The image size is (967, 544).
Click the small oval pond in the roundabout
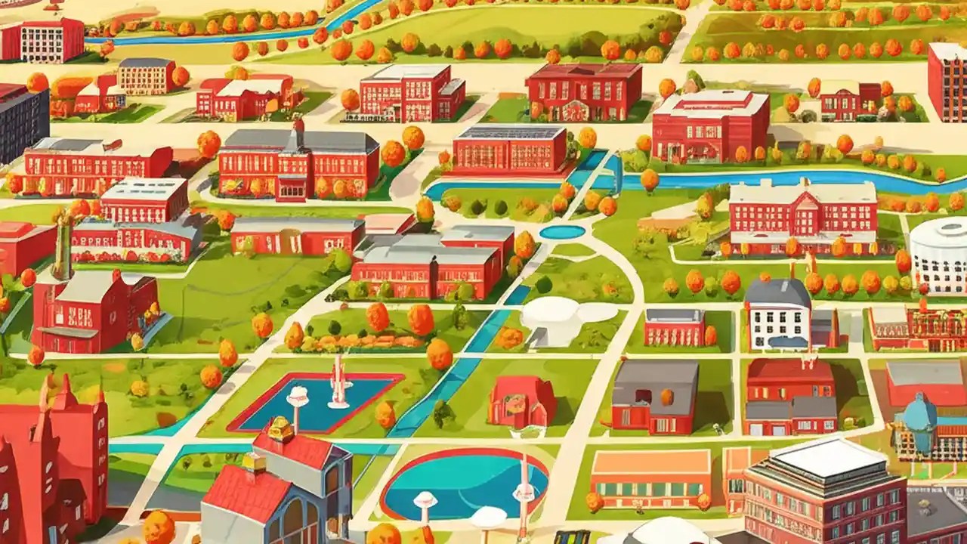562,232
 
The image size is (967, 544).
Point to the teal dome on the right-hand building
921,412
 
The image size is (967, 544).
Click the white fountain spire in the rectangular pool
339,382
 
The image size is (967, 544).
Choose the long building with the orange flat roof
650,476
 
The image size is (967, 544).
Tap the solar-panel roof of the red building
511,133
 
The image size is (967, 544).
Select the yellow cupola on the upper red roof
280,429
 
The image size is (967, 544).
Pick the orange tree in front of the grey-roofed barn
666,397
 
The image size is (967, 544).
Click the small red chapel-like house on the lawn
521,402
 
